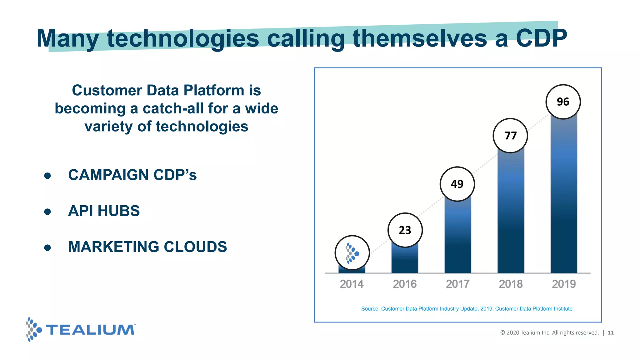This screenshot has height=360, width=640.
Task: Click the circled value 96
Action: [x=563, y=102]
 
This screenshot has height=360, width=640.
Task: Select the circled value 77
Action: [x=510, y=136]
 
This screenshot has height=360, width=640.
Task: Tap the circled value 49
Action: [x=457, y=184]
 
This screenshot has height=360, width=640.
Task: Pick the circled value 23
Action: [x=405, y=230]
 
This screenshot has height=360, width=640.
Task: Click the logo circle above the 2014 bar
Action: [x=352, y=253]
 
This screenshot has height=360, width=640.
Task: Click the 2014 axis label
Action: [x=352, y=284]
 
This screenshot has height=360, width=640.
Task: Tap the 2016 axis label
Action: [x=405, y=284]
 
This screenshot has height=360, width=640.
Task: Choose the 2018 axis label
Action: [x=511, y=284]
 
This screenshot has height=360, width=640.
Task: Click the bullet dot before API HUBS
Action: [x=47, y=212]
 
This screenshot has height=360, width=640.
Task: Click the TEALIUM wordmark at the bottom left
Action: [x=90, y=330]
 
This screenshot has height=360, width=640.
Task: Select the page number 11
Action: [x=611, y=333]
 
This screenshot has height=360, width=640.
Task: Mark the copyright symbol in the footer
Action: [x=502, y=333]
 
